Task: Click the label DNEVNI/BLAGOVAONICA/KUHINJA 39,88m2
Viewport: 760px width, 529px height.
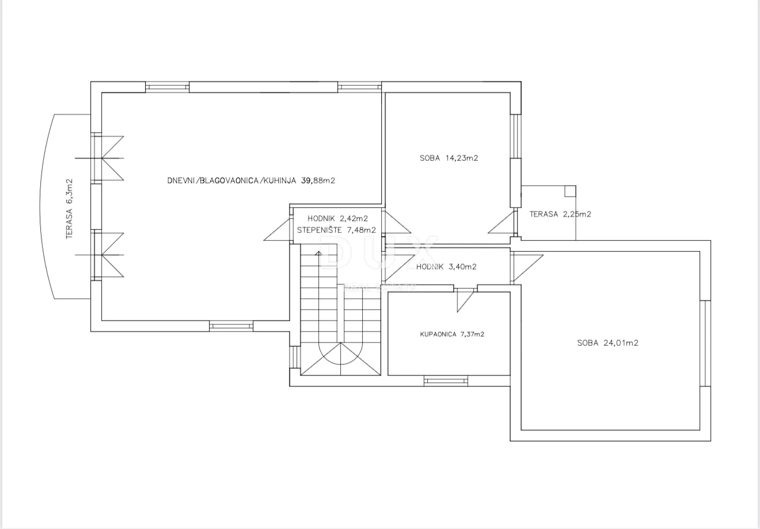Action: [x=251, y=180]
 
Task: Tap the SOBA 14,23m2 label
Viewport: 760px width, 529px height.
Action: [x=449, y=158]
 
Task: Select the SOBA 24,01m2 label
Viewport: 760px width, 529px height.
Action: [x=607, y=343]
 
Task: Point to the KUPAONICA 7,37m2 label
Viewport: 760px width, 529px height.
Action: [x=452, y=334]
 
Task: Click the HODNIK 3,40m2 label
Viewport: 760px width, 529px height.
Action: [x=446, y=267]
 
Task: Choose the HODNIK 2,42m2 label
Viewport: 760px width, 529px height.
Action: [x=337, y=218]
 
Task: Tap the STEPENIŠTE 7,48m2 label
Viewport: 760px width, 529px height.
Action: [x=337, y=230]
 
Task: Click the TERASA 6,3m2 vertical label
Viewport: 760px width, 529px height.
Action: [x=69, y=209]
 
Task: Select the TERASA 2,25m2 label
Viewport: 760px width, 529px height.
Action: [x=560, y=214]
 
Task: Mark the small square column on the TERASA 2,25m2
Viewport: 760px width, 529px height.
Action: [x=571, y=191]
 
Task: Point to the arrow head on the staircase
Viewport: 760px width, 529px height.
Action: [x=318, y=253]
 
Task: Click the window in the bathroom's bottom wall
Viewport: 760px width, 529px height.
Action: [x=446, y=381]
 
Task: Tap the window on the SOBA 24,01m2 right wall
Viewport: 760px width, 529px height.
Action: [x=705, y=343]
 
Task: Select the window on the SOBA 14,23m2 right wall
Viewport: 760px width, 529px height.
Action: [x=516, y=136]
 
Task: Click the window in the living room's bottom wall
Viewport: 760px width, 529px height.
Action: [x=231, y=326]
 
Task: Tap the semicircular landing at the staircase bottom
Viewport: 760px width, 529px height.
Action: [x=341, y=353]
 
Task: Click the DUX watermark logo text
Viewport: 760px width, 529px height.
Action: [x=379, y=252]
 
